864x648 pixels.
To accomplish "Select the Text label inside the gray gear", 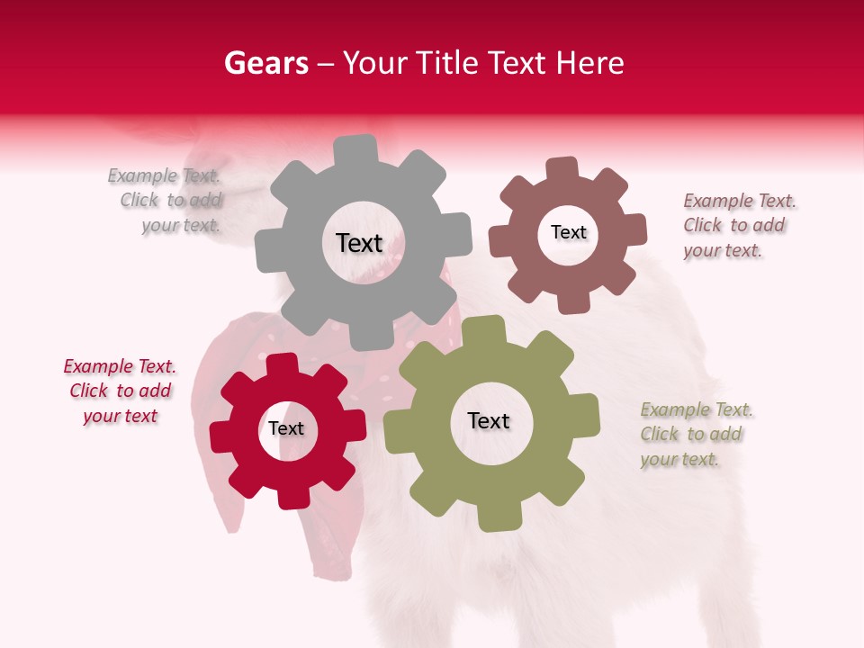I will pos(359,243).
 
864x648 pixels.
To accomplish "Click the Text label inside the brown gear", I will pos(568,232).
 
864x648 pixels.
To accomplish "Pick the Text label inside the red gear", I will pos(286,428).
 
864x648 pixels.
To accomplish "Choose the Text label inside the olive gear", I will pos(489,420).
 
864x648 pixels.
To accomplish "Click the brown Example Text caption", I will pos(738,226).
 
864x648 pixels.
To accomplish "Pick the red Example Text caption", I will pos(120,391).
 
